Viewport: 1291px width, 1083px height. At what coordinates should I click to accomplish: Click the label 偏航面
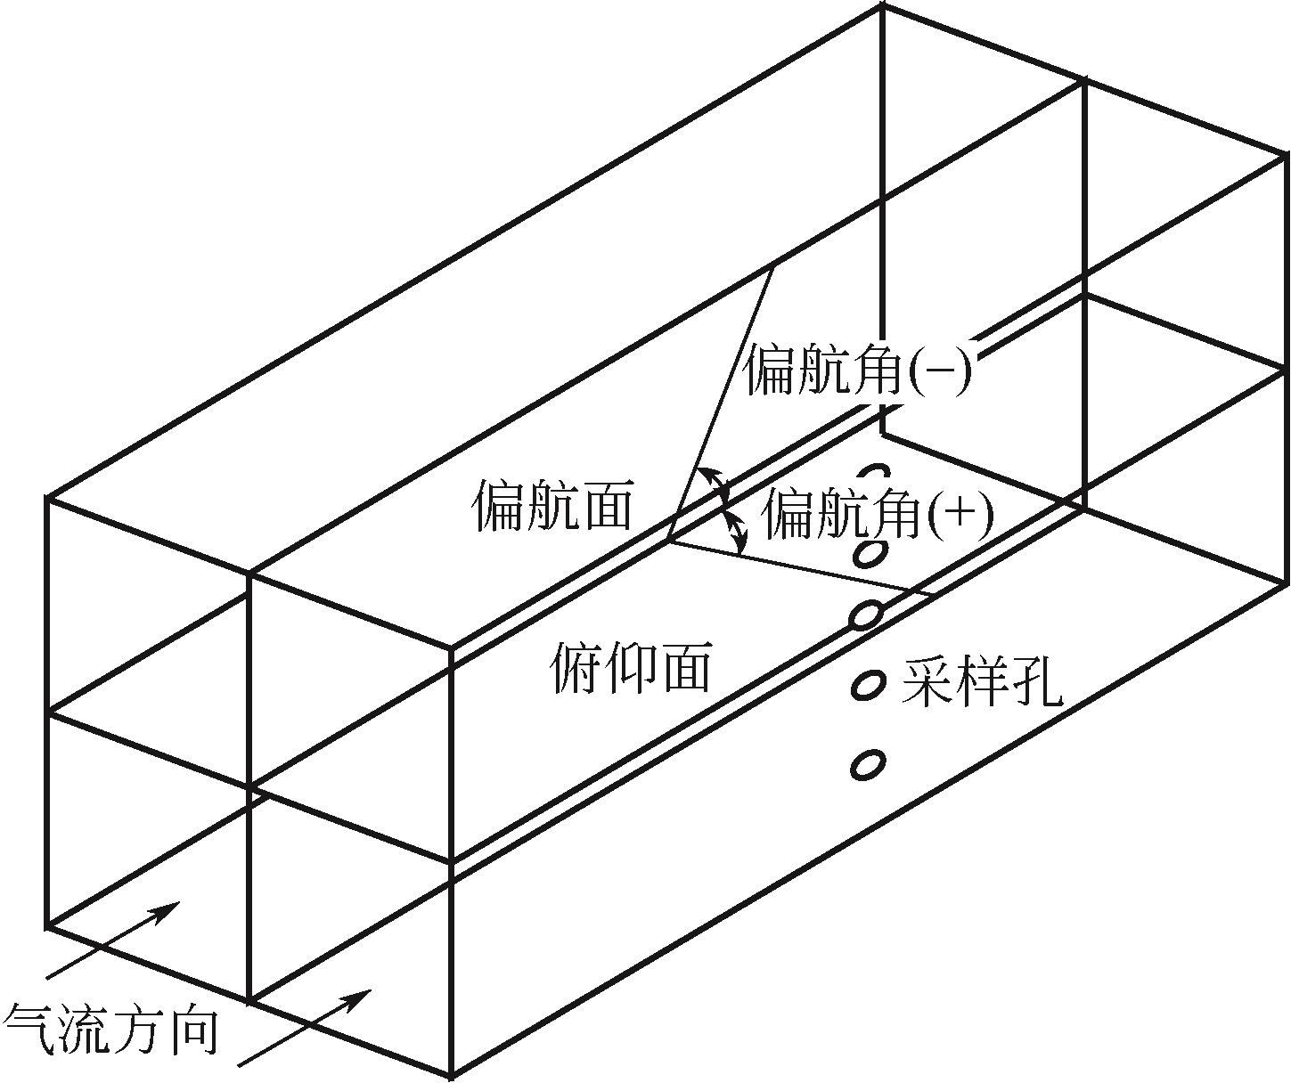(x=552, y=507)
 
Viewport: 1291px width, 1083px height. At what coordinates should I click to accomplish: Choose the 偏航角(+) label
(x=878, y=515)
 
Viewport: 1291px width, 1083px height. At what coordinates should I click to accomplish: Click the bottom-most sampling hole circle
(x=868, y=764)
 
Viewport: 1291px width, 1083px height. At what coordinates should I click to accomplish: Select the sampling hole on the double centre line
(x=865, y=615)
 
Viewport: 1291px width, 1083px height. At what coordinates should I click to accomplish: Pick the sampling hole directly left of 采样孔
(x=868, y=684)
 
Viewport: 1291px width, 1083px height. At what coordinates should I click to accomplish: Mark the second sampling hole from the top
(x=869, y=554)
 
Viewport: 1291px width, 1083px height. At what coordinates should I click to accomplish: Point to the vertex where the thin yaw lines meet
(x=668, y=541)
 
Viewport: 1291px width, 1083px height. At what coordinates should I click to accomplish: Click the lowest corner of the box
(x=452, y=1074)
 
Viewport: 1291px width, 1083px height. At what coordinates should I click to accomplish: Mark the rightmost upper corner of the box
(x=1287, y=155)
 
